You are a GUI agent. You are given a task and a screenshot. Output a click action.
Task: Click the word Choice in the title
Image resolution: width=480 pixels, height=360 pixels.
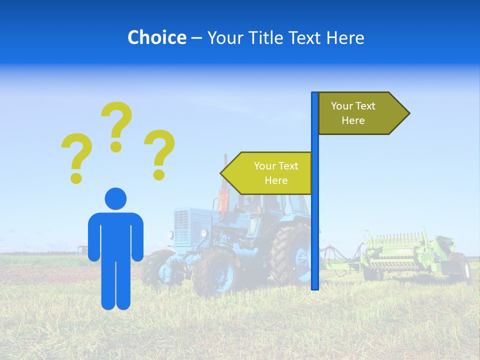click(156, 37)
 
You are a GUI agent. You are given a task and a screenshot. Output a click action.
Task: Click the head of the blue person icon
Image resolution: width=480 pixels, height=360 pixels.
click(115, 198)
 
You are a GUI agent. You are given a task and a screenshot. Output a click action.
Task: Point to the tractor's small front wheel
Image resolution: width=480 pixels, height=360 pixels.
click(216, 272)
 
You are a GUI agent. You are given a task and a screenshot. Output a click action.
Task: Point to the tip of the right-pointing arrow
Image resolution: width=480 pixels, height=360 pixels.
click(408, 113)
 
